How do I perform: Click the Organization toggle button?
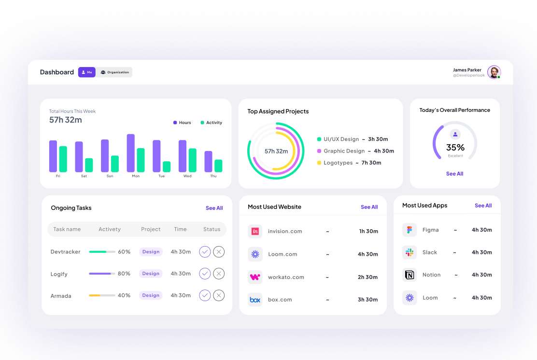[x=114, y=72]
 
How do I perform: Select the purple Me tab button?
[x=87, y=72]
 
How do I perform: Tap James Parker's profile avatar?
[x=494, y=72]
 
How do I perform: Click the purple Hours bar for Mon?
[x=130, y=153]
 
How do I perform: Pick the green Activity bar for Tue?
[x=167, y=166]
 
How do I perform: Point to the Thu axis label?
[x=213, y=176]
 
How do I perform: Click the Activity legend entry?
[x=211, y=123]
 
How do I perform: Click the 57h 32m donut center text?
[x=276, y=151]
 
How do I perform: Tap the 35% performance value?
[x=455, y=147]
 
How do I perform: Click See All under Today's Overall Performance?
[x=454, y=174]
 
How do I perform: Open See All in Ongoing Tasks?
[x=214, y=208]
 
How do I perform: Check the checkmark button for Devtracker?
[x=205, y=251]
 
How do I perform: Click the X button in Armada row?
[x=219, y=295]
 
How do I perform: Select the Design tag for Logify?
[x=151, y=274]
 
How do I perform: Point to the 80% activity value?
[x=124, y=274]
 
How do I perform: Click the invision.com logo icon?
[x=255, y=231]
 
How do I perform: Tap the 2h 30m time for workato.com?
[x=367, y=277]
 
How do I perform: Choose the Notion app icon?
[x=410, y=275]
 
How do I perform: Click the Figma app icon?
[x=410, y=230]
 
